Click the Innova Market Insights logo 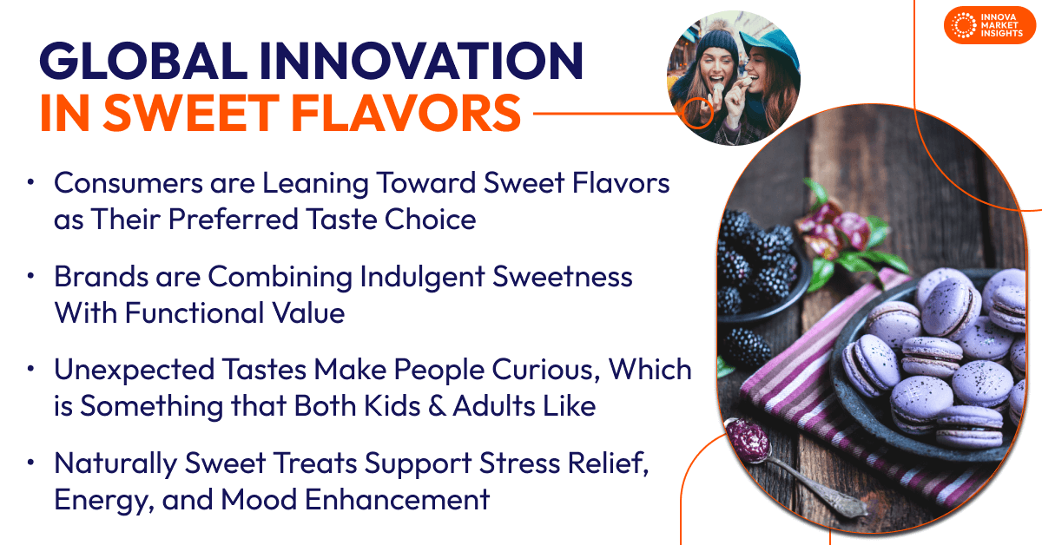coord(990,25)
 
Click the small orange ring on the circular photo coord(696,113)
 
